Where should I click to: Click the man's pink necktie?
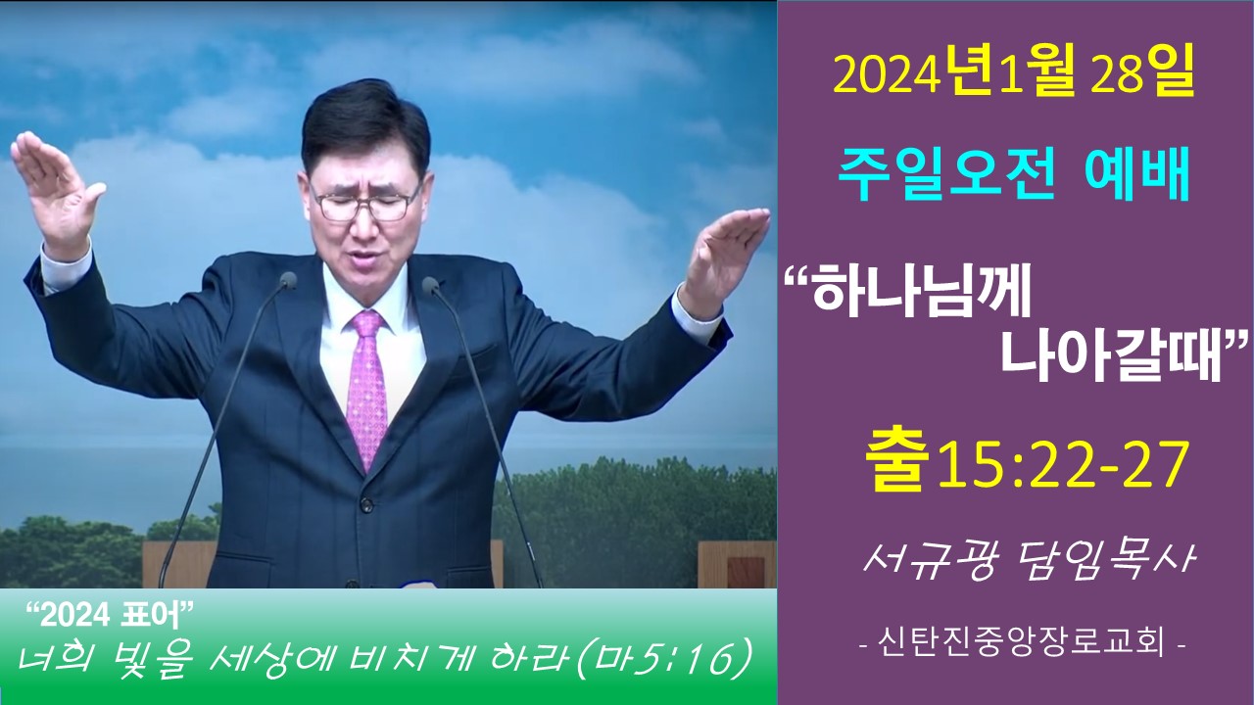coord(366,386)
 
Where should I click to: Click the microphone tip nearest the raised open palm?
coord(430,284)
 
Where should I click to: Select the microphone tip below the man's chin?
coord(288,280)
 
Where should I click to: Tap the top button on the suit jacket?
coord(366,502)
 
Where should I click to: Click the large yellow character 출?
coord(895,464)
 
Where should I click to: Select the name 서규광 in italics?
coord(930,561)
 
